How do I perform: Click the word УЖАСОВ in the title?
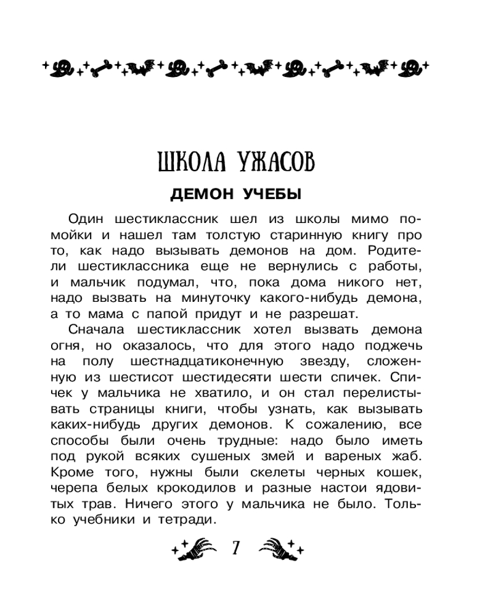coord(274,163)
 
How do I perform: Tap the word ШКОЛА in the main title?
coord(189,163)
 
